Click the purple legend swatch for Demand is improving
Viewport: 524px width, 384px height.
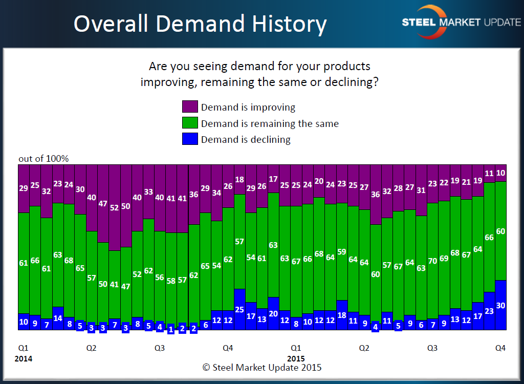[190, 107]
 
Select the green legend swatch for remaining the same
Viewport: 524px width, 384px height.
[190, 123]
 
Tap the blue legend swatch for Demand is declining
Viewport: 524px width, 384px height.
[190, 139]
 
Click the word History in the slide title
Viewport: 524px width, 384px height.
[287, 24]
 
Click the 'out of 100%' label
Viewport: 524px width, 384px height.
[43, 159]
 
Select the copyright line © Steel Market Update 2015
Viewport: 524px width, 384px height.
[262, 367]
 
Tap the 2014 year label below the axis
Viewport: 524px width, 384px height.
[24, 358]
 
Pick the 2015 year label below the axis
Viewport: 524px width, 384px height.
[296, 358]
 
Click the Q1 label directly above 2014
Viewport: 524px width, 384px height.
[24, 348]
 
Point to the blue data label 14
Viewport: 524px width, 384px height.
[57, 318]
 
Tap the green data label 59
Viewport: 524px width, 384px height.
[342, 252]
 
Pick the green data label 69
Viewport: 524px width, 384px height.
[444, 258]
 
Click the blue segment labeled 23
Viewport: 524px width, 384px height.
[489, 311]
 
